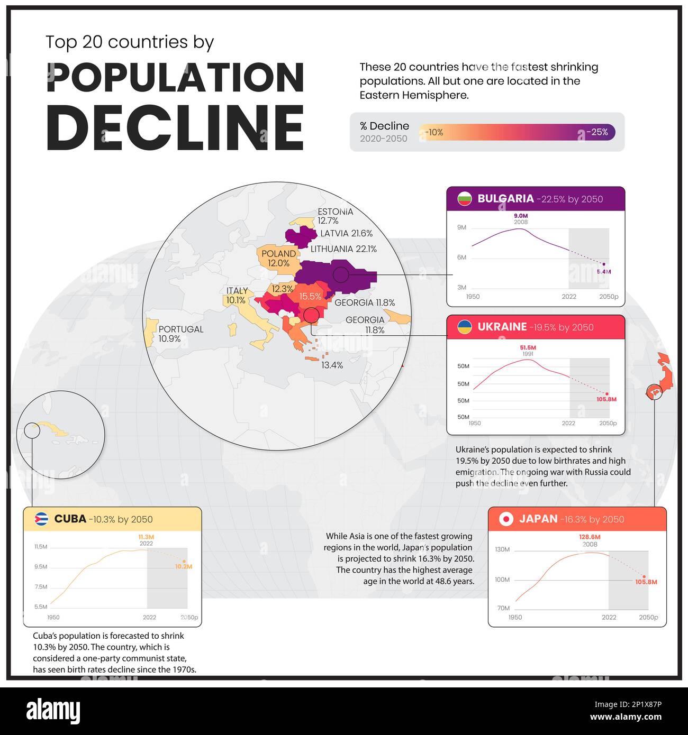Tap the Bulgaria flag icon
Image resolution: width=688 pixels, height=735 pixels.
464,199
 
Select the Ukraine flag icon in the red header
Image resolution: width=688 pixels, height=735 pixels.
464,327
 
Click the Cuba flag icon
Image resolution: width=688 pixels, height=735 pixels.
41,519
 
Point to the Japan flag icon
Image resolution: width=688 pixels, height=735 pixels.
506,519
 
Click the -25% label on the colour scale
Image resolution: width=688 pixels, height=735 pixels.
597,132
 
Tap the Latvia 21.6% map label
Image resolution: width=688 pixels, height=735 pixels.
346,233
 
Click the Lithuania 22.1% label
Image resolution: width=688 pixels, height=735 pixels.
343,249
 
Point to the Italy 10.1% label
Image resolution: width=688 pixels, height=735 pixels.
236,296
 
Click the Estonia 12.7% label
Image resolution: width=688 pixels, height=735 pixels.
334,216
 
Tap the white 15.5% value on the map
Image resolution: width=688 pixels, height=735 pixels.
310,297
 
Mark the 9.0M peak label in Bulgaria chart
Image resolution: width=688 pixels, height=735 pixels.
521,216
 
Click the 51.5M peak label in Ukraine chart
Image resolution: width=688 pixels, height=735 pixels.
528,347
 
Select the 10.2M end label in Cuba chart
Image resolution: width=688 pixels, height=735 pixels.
183,566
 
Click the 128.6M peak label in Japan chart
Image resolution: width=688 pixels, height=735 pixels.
590,537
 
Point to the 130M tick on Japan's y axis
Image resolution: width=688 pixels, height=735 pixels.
502,549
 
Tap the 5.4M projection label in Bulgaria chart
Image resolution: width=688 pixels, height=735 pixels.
603,271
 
